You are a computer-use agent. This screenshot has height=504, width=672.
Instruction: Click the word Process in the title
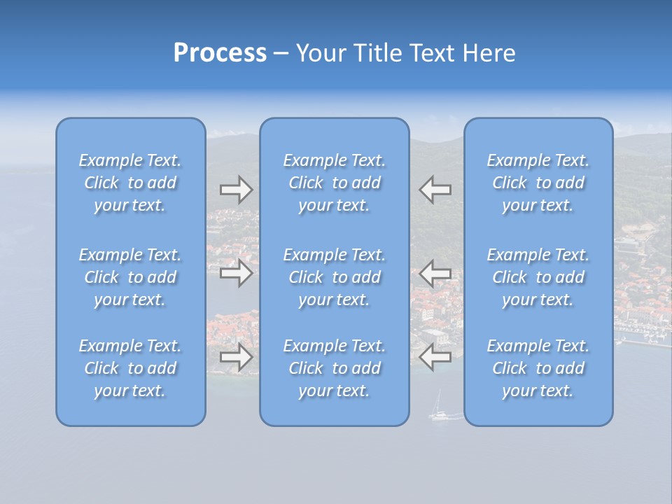coord(220,53)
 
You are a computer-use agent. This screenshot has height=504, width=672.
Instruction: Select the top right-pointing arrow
coord(236,190)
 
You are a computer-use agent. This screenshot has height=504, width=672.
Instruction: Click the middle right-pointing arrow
coord(236,273)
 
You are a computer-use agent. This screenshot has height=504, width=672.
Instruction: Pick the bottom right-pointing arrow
coord(236,357)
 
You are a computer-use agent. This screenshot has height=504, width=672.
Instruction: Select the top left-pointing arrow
coord(435,190)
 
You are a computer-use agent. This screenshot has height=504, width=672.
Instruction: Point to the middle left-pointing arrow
coord(435,273)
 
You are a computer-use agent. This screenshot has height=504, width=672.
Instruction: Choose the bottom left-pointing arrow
coord(435,357)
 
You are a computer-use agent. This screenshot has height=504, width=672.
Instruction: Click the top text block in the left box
coord(130,183)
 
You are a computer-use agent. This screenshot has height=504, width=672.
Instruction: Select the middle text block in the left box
coord(130,277)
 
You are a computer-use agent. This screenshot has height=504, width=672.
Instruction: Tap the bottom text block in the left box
coord(130,368)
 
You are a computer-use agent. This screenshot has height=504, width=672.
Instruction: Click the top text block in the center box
coord(334,183)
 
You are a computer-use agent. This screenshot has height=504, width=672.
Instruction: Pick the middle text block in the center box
coord(334,277)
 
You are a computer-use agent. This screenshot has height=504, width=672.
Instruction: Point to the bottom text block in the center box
coord(334,368)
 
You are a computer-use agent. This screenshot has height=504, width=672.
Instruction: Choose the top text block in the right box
coord(538,183)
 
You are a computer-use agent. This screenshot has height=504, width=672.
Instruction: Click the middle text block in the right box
coord(538,277)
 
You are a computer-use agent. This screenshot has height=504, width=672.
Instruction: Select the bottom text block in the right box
coord(538,368)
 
